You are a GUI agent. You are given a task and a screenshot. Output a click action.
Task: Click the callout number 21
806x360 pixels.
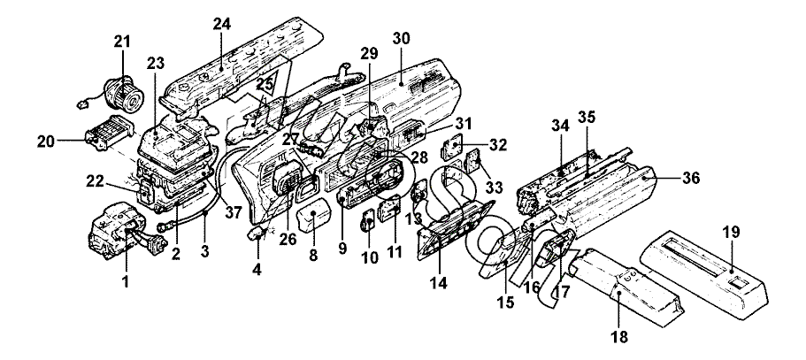[122, 42]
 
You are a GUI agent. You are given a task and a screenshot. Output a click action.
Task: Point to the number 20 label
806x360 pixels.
[47, 142]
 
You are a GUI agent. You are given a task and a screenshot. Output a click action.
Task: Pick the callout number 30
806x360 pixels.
[401, 39]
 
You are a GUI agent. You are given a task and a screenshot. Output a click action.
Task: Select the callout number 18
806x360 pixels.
[619, 336]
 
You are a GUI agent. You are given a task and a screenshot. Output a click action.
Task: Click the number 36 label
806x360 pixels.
[690, 178]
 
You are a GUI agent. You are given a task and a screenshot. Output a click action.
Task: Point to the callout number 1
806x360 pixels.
[126, 281]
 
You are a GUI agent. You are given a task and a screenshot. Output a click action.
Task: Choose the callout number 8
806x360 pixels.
[313, 255]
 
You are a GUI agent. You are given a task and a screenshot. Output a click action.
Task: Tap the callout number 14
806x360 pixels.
[439, 282]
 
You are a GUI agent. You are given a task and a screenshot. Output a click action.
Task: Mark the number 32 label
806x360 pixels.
[497, 145]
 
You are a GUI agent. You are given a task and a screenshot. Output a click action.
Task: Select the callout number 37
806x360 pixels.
[234, 211]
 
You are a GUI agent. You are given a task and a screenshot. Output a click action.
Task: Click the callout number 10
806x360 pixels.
[369, 257]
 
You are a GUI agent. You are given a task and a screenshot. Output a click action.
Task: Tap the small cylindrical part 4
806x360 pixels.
[257, 235]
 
